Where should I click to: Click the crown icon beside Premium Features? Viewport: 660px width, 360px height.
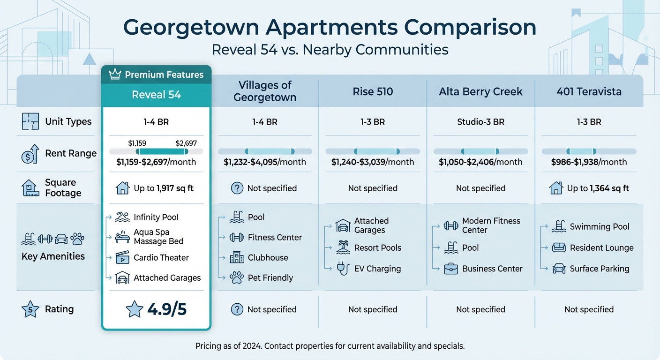point(115,75)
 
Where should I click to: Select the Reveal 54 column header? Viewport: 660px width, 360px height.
point(156,95)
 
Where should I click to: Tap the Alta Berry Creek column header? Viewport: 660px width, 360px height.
point(480,91)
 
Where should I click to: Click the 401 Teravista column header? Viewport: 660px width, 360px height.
point(589,91)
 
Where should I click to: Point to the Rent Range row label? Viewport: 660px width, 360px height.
point(71,153)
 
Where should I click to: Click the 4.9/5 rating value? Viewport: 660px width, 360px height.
point(166,309)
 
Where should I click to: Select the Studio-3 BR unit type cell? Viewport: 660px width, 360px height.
point(480,122)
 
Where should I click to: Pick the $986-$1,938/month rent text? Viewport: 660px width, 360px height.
point(589,162)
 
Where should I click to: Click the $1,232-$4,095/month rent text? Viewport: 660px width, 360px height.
point(265,162)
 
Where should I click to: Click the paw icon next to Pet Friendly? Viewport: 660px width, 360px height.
point(237,277)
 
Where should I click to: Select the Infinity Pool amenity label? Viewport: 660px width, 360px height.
point(156,217)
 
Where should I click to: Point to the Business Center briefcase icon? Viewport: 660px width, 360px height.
point(451,269)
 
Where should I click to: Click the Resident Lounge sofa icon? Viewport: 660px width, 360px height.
point(559,247)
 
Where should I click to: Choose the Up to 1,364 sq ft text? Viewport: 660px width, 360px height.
point(598,188)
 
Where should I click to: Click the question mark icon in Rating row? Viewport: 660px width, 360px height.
point(237,309)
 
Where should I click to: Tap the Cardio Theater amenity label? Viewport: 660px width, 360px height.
point(161,257)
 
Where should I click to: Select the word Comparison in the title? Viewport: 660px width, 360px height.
point(470,28)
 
